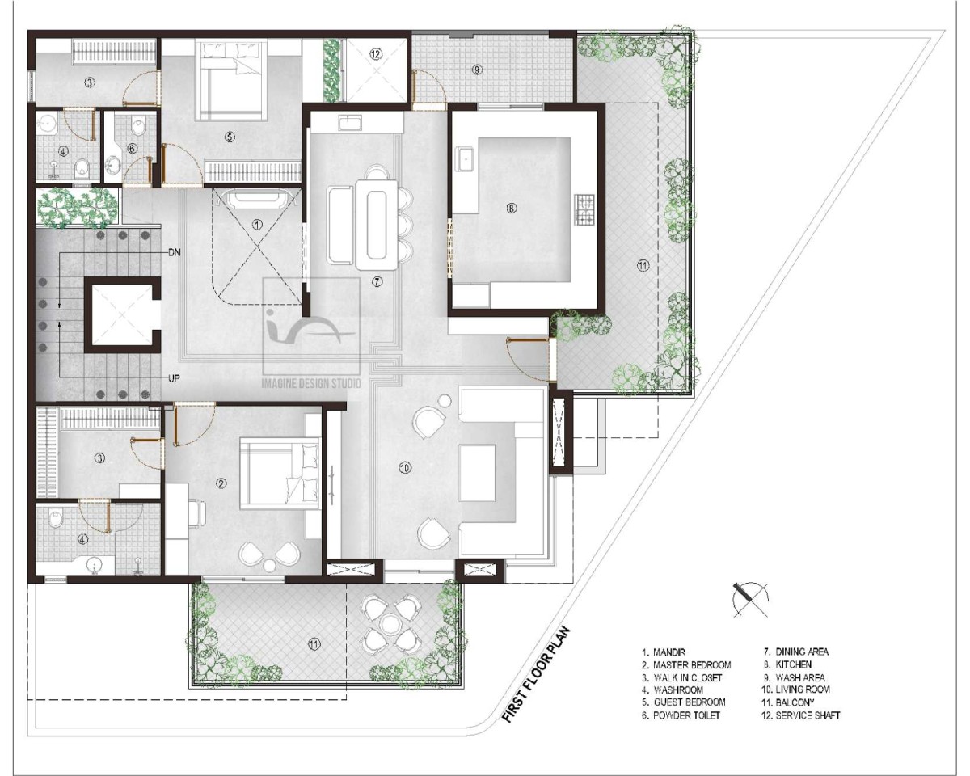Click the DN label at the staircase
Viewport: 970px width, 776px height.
(175, 252)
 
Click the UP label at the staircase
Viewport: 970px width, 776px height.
(174, 378)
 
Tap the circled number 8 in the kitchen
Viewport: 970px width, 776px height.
(511, 209)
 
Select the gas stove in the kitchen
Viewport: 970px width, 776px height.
(584, 209)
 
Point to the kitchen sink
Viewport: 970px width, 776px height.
(465, 159)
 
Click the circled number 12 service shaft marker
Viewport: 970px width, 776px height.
(375, 54)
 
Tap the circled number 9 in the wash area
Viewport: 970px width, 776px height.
(477, 70)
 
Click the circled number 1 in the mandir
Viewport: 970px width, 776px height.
(257, 225)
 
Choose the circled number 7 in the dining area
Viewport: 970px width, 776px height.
(377, 282)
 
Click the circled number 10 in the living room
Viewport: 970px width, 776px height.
(405, 469)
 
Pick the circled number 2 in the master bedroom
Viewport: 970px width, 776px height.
(221, 483)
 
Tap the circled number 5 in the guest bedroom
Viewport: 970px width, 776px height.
(230, 137)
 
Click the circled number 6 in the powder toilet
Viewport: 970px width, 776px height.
(132, 149)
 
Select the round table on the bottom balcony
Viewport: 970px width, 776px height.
(388, 623)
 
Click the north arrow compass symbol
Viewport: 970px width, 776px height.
(750, 600)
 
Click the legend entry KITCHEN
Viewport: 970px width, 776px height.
(793, 664)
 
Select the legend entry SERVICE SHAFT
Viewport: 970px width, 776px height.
(801, 715)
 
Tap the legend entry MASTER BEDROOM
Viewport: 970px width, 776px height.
(686, 665)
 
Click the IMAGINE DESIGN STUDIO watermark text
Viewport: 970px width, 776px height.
(311, 384)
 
